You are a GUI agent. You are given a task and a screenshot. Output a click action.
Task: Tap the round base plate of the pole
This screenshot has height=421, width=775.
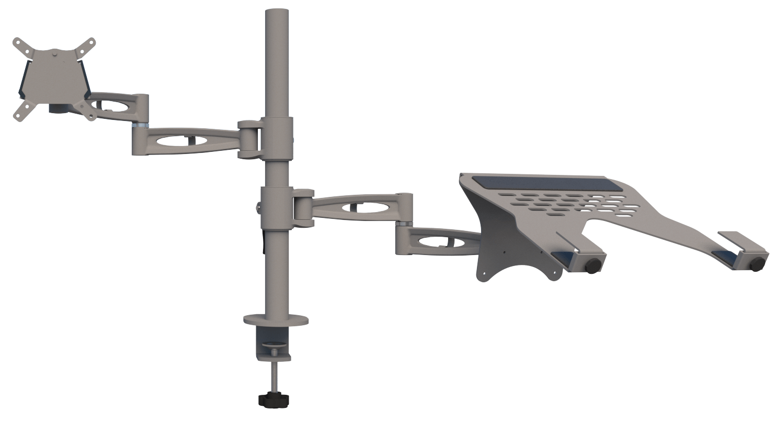tap(276, 319)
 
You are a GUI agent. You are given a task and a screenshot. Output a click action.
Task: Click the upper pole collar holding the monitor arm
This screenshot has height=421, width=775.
tap(277, 139)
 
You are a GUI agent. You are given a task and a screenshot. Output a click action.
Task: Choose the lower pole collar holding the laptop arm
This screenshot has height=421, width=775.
tap(277, 207)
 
